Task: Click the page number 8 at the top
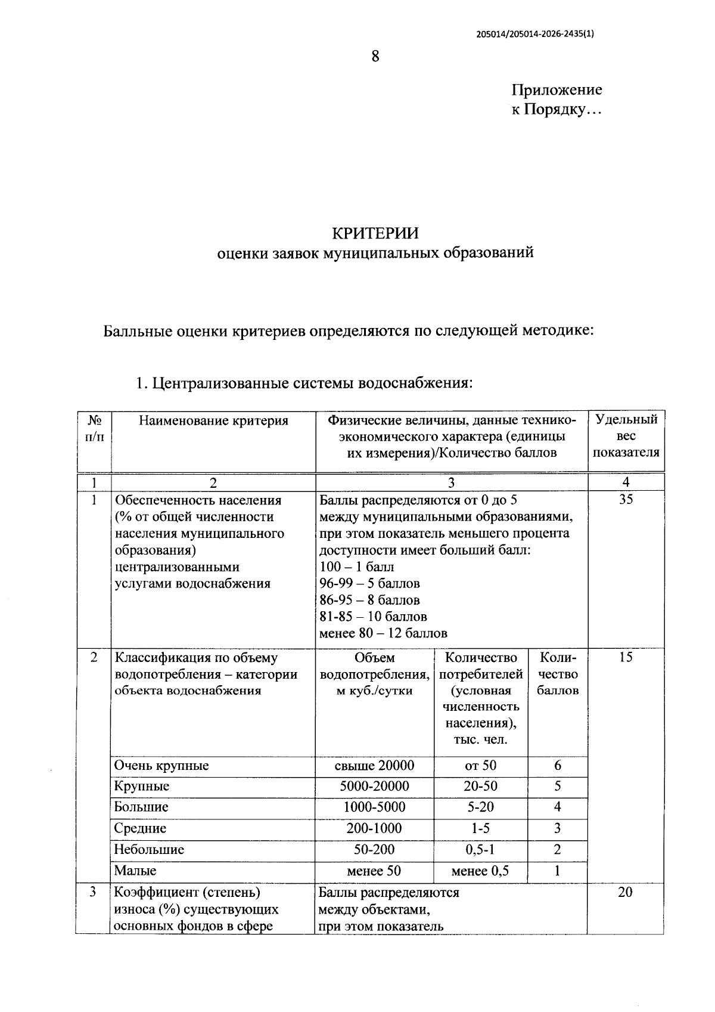[375, 57]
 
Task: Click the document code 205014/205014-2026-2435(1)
[535, 34]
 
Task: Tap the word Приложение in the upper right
[557, 90]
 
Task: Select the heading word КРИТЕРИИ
[375, 232]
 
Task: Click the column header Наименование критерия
[213, 421]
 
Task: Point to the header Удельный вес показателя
[626, 436]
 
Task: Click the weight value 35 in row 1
[626, 500]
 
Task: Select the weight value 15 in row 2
[626, 658]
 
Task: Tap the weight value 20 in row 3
[625, 893]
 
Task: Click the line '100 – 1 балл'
[356, 567]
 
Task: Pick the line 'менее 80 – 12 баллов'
[383, 633]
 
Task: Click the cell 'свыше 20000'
[374, 766]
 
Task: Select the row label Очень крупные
[161, 766]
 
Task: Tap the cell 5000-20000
[374, 787]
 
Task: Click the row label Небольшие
[149, 850]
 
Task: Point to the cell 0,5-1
[480, 850]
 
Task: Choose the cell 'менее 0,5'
[480, 871]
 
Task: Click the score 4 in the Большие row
[557, 807]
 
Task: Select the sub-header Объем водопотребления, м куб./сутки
[374, 674]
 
